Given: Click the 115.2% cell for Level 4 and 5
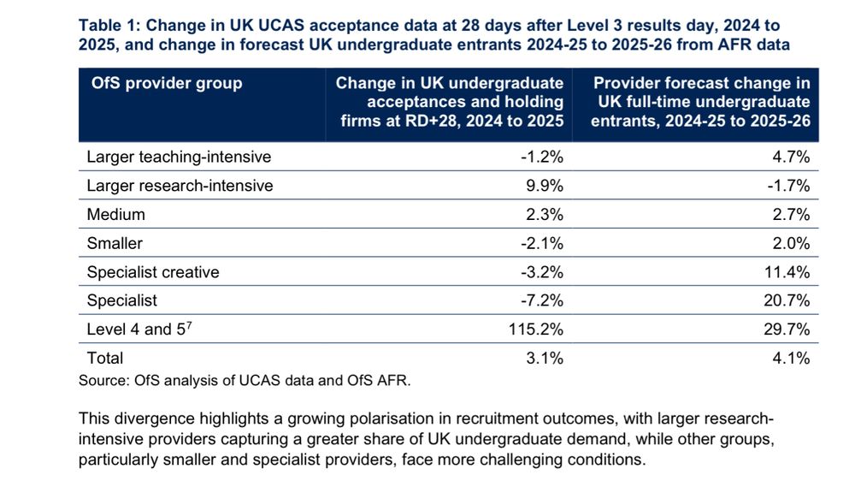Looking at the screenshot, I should click(x=540, y=330).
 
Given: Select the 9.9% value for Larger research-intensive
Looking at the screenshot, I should click(x=545, y=186).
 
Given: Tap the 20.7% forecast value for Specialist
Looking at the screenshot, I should click(x=787, y=300).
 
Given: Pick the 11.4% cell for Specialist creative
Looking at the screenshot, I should click(x=787, y=272).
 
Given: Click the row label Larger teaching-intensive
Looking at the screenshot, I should click(x=179, y=157).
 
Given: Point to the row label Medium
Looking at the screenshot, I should click(x=116, y=215).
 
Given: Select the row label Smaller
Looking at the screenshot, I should click(x=115, y=243).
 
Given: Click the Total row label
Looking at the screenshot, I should click(x=105, y=359).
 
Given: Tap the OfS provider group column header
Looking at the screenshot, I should click(x=167, y=84).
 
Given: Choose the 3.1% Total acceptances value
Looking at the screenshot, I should click(x=545, y=359).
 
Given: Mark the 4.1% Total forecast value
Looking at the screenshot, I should click(x=791, y=359).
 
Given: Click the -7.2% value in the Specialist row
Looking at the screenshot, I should click(x=542, y=300).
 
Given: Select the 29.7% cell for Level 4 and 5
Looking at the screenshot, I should click(x=787, y=330).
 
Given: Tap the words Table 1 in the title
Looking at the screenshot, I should click(x=109, y=27).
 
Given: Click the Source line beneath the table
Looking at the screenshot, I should click(x=245, y=381).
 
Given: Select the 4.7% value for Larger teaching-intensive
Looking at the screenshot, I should click(x=791, y=157).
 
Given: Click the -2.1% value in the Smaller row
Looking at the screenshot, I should click(x=542, y=243).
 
